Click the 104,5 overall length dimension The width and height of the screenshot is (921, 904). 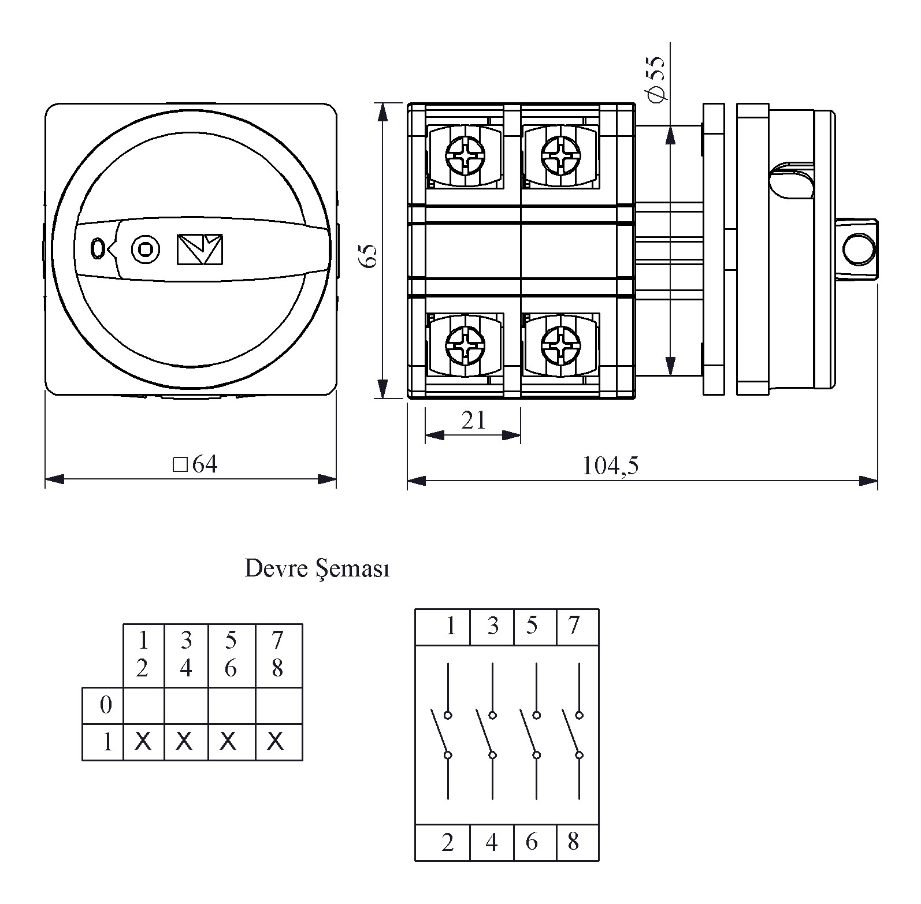click(x=610, y=466)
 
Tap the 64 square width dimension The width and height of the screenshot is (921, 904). click(x=196, y=464)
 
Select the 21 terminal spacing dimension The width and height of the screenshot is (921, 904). click(x=473, y=421)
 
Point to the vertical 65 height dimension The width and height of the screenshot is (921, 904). click(x=369, y=254)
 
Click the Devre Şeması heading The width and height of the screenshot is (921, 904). click(x=317, y=569)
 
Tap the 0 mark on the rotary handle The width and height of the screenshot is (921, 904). click(x=97, y=248)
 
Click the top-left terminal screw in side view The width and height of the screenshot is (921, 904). click(x=465, y=154)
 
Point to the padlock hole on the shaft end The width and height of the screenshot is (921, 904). click(x=859, y=250)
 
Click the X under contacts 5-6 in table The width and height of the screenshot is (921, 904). click(x=229, y=741)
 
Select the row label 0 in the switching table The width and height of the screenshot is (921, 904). click(x=106, y=705)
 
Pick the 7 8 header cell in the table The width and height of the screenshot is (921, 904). click(x=277, y=654)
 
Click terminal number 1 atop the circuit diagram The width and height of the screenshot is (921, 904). click(x=451, y=626)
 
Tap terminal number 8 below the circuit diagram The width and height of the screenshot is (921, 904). click(x=573, y=842)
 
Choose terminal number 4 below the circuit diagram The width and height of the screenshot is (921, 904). click(x=492, y=843)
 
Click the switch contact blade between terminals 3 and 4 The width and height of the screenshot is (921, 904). click(x=484, y=734)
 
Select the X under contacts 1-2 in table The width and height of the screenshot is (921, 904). click(x=143, y=741)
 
